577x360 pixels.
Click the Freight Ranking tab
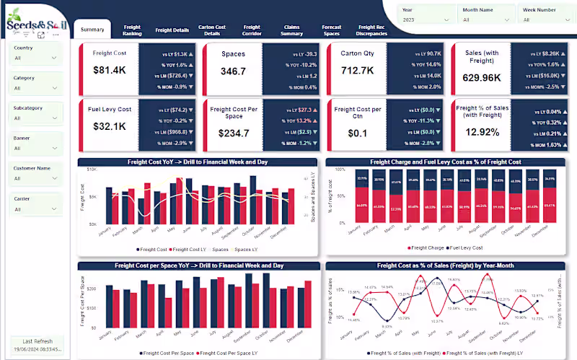[132, 30]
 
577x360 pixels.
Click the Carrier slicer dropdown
[35, 209]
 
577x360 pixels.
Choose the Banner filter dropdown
[35, 148]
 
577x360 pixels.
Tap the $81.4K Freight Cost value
[110, 70]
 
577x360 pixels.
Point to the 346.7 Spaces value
[233, 71]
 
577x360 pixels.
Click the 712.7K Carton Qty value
[358, 71]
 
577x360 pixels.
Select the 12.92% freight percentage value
[482, 131]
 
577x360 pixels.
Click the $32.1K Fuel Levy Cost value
[110, 126]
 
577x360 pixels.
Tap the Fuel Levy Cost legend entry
[469, 247]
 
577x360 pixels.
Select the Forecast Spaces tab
[332, 30]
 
